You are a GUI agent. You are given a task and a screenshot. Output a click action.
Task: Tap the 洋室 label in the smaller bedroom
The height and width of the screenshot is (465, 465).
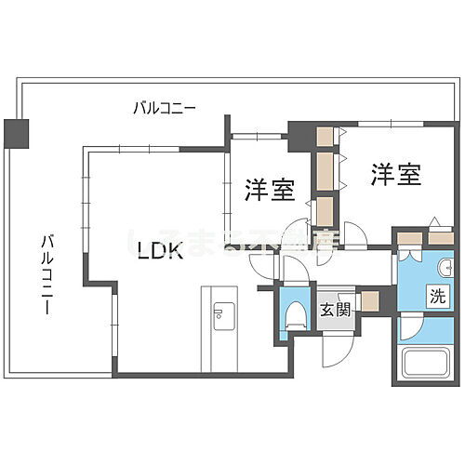click(x=270, y=190)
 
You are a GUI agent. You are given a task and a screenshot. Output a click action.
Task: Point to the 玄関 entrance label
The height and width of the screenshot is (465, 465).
click(x=336, y=311)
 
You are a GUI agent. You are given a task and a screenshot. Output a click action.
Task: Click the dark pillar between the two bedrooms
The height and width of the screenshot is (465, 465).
click(x=300, y=137)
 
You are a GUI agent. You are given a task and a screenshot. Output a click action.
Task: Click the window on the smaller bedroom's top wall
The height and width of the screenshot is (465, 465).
click(x=256, y=134)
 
